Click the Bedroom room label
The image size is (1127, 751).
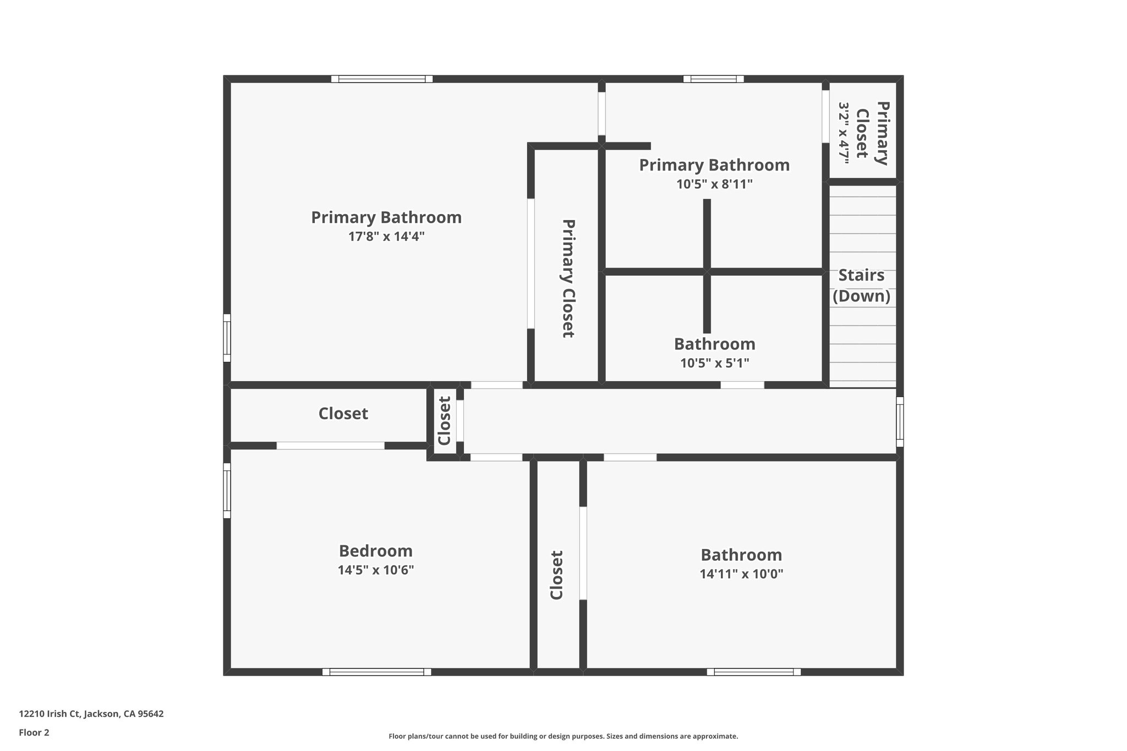click(375, 551)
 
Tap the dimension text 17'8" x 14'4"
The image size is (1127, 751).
click(386, 237)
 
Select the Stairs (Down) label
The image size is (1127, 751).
click(861, 286)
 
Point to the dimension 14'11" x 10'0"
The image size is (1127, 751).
click(741, 574)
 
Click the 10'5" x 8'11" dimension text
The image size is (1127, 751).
click(714, 184)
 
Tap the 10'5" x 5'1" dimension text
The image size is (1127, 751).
click(714, 363)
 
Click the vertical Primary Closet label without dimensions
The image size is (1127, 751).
click(568, 278)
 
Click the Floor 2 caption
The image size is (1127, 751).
click(34, 732)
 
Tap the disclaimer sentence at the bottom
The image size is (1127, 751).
click(563, 736)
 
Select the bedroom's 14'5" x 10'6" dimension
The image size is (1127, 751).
click(376, 570)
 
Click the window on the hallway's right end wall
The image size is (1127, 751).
click(900, 421)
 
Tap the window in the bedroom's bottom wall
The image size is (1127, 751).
click(377, 672)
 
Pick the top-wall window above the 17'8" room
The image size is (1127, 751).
click(382, 79)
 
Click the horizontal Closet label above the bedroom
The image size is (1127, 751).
click(343, 414)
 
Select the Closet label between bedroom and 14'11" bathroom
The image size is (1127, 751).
click(557, 575)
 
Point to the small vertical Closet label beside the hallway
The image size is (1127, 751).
click(444, 421)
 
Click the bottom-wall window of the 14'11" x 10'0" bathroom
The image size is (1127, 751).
click(753, 672)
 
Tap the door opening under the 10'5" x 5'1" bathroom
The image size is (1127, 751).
click(742, 385)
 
